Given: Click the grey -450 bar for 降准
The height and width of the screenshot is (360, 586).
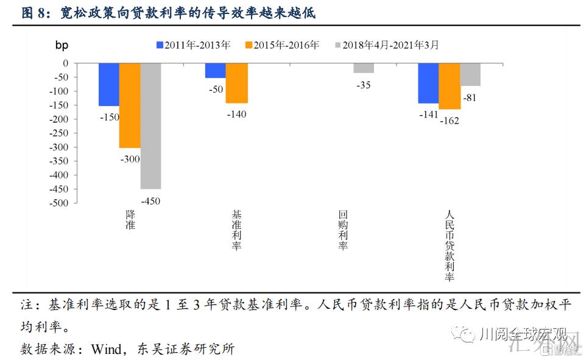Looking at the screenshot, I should [150, 125].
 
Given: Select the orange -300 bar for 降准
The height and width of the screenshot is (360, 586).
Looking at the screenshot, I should [130, 105].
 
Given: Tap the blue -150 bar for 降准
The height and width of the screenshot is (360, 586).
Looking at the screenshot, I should [109, 84].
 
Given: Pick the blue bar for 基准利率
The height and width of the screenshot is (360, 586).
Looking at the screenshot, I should [215, 70].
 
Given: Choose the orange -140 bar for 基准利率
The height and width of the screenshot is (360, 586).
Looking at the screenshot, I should [236, 83].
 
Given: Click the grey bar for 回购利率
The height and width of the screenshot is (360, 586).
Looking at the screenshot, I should [364, 68].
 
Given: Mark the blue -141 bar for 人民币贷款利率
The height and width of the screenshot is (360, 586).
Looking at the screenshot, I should [428, 83].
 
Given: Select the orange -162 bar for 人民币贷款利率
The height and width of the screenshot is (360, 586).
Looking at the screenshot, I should [449, 86].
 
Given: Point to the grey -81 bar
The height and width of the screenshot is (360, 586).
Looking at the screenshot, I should [470, 74].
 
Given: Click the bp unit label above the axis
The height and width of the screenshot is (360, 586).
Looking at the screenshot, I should [62, 45].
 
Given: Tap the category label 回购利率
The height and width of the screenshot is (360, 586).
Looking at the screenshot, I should [344, 231].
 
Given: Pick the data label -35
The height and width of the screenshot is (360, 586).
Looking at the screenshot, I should [363, 85].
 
